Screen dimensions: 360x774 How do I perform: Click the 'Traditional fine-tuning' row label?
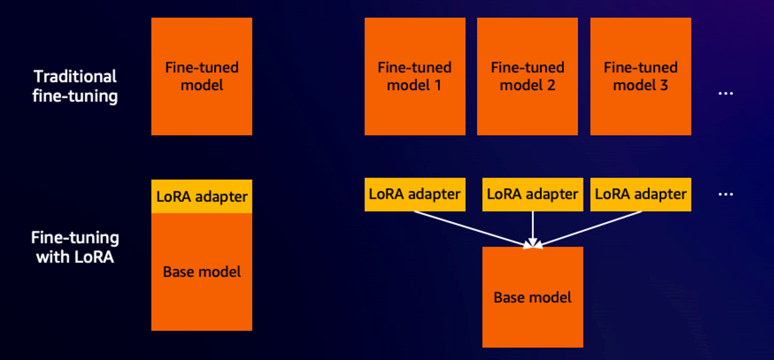(75, 86)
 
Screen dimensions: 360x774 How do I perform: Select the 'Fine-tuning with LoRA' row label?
(75, 247)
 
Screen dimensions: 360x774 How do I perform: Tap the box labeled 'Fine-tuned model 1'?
(415, 77)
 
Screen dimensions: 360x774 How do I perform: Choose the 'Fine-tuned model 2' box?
(527, 77)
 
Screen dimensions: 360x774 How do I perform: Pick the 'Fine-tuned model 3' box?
(641, 77)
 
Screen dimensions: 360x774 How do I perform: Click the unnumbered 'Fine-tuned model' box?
(202, 77)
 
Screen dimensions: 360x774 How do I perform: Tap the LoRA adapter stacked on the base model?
(202, 197)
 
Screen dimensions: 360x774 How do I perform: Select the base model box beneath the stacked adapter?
(202, 272)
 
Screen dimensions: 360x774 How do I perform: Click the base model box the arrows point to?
(532, 297)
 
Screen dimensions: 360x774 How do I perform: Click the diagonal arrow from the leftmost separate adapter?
(471, 228)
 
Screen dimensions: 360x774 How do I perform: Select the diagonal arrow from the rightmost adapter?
(591, 228)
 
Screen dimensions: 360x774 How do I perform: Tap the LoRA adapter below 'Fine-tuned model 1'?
(415, 194)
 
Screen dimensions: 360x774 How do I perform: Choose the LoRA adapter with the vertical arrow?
(532, 194)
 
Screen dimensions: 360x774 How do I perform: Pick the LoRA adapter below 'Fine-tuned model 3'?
(641, 194)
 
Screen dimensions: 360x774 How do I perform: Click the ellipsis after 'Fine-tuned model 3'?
(726, 94)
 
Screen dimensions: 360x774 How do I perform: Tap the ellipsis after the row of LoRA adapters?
(726, 194)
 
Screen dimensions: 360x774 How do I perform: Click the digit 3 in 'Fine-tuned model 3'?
(664, 85)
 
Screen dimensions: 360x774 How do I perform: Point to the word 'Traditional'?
(75, 77)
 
